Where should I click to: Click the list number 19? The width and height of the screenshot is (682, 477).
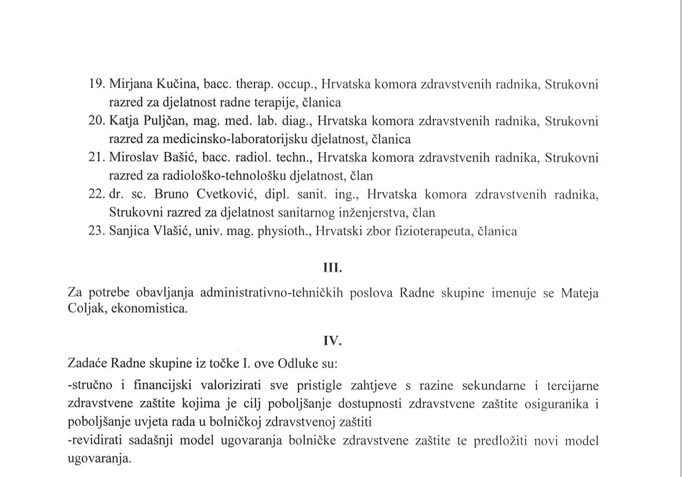[x=97, y=85]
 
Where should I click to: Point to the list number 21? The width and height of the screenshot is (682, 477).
[x=97, y=158]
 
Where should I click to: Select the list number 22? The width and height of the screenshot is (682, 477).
[x=97, y=194]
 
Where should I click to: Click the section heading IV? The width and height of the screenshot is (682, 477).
[x=333, y=340]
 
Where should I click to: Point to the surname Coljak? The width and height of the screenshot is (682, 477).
[x=85, y=309]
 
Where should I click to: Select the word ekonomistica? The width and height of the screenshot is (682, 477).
[x=146, y=309]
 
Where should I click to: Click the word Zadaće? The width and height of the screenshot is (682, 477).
[x=87, y=363]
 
